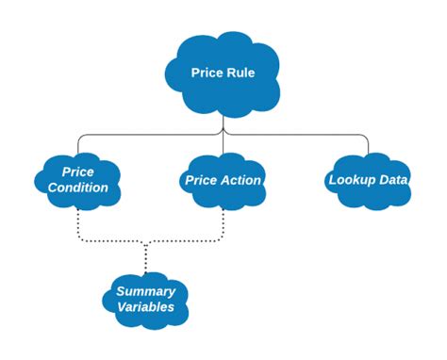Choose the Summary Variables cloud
145,299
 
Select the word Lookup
350,179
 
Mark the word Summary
145,290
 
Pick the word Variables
145,307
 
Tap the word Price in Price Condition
78,171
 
